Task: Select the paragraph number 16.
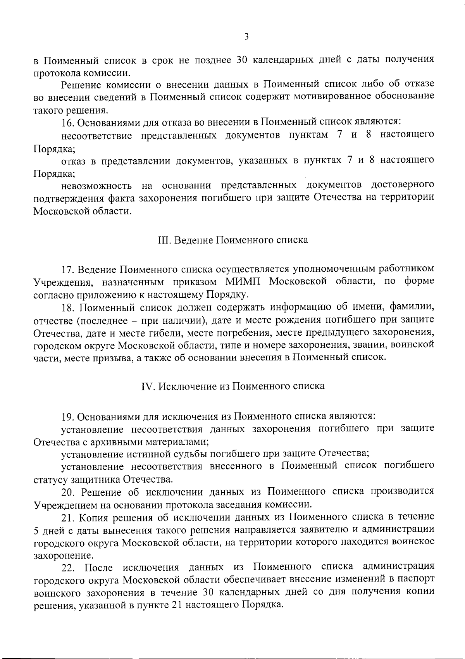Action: click(x=67, y=122)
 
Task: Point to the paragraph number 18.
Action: click(x=67, y=308)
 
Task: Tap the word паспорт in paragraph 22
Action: click(x=416, y=580)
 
